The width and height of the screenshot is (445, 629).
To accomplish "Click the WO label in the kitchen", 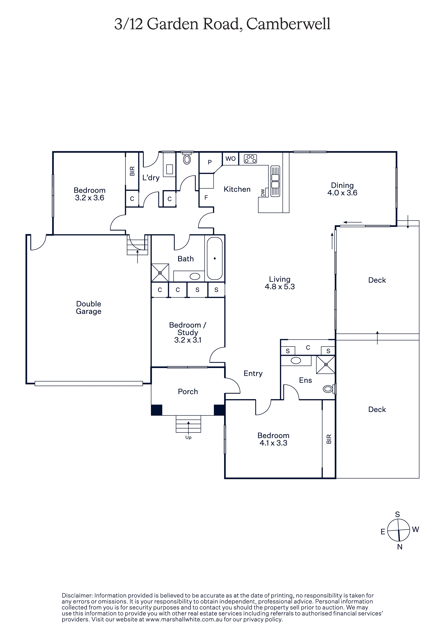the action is (230, 159).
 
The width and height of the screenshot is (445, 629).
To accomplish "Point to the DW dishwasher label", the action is (263, 193).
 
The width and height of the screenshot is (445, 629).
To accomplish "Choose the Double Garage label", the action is (89, 307).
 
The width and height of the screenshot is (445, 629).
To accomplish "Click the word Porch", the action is (188, 392).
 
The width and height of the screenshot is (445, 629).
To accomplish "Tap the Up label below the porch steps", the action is (188, 437).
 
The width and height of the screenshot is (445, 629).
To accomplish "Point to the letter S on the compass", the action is (397, 515).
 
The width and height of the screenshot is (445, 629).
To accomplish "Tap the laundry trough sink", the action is (170, 169).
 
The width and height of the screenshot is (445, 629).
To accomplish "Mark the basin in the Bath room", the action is (195, 276).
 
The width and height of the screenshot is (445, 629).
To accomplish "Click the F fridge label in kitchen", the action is (206, 197).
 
